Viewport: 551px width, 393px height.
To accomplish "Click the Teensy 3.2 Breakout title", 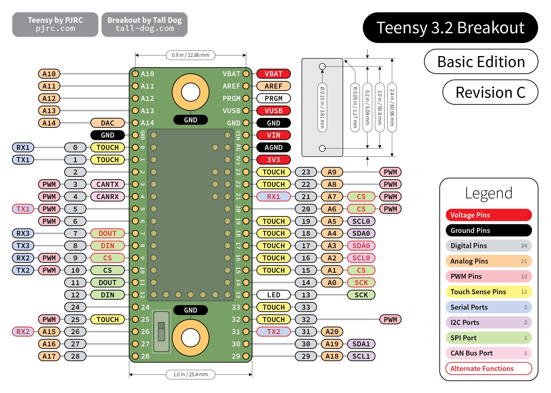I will pyautogui.click(x=450, y=28).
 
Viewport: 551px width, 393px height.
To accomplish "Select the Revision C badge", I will pyautogui.click(x=490, y=92).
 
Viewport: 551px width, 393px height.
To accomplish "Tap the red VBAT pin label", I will pyautogui.click(x=273, y=74).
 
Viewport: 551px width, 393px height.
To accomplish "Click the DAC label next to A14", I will pyautogui.click(x=107, y=123).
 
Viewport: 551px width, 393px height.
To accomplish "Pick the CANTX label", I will pyautogui.click(x=107, y=184).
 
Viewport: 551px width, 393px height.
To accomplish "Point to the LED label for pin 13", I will pyautogui.click(x=273, y=295).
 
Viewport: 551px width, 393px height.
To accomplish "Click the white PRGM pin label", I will pyautogui.click(x=273, y=99).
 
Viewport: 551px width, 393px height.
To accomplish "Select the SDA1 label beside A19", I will pyautogui.click(x=361, y=344).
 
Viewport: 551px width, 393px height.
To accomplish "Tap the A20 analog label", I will pyautogui.click(x=332, y=332).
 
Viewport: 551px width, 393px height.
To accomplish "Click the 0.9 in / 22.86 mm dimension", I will pyautogui.click(x=190, y=55).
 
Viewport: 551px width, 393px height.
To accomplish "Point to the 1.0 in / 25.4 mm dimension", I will pyautogui.click(x=190, y=374).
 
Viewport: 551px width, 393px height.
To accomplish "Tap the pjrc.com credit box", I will pyautogui.click(x=55, y=24).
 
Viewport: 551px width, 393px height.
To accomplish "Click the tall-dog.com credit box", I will pyautogui.click(x=144, y=24).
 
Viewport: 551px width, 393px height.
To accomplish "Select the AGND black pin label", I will pyautogui.click(x=273, y=148).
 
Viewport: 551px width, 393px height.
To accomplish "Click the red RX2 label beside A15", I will pyautogui.click(x=23, y=332).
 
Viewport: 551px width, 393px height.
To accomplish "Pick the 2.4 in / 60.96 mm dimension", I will pyautogui.click(x=392, y=107).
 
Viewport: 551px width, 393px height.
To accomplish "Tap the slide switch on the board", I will pyautogui.click(x=161, y=331).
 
